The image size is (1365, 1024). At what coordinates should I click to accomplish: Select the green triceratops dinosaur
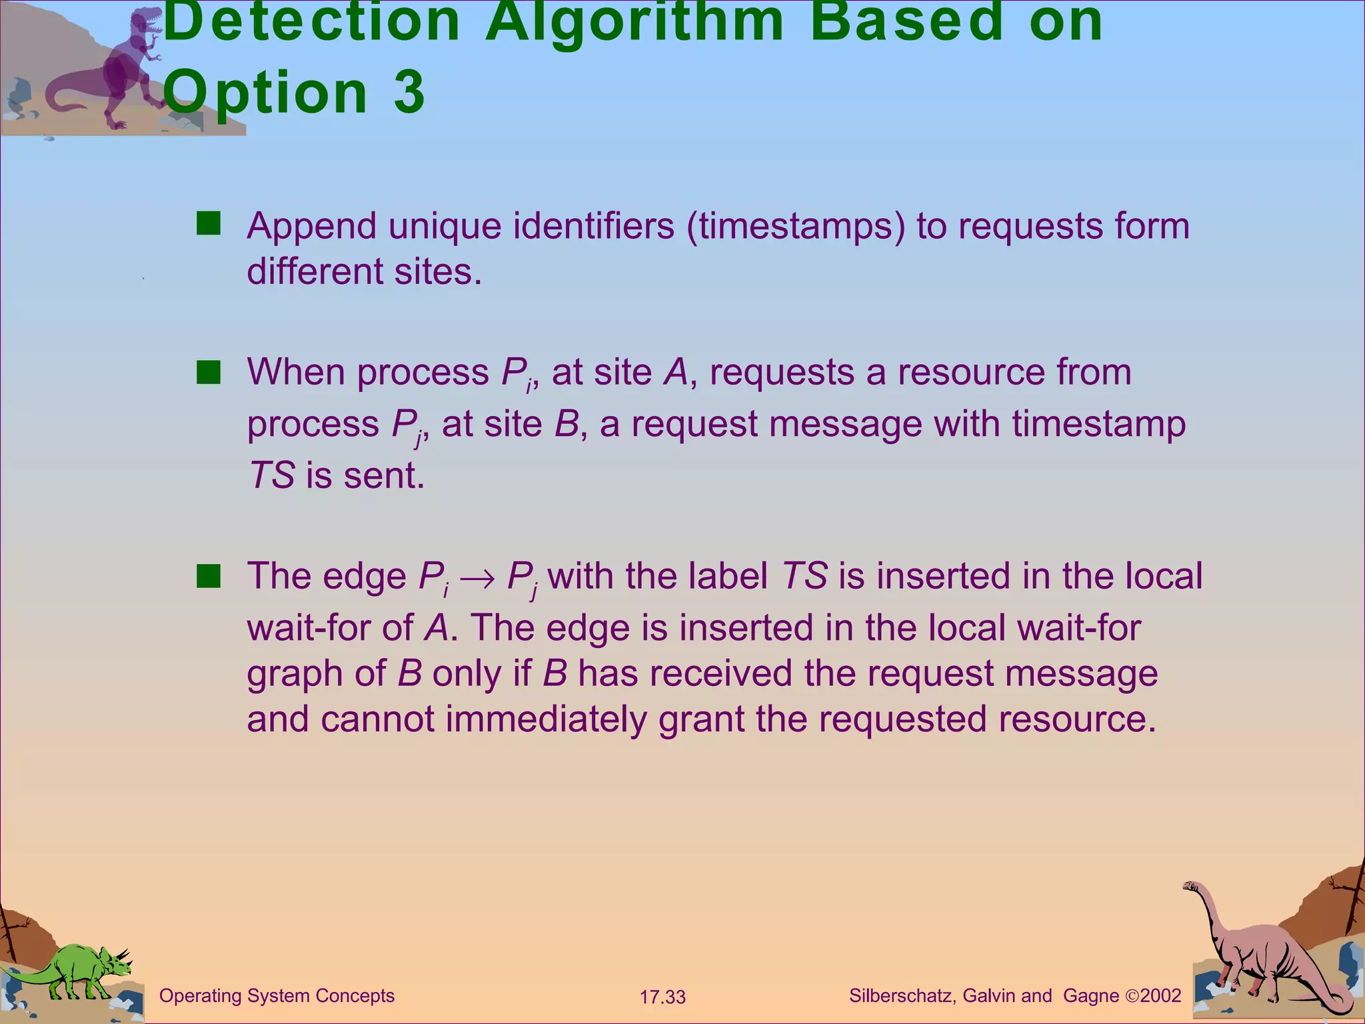pos(73,970)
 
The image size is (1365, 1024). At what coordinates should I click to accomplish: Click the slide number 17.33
pos(663,997)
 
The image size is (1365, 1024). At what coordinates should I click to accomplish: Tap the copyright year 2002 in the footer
pos(1160,996)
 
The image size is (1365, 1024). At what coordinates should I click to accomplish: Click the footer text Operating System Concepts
pos(277,996)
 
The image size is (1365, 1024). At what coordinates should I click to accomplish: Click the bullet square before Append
pos(208,224)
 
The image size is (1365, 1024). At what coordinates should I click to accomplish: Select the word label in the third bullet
pos(728,576)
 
